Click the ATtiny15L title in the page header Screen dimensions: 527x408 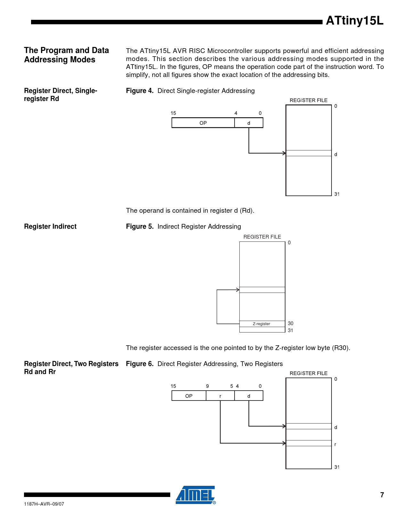click(354, 21)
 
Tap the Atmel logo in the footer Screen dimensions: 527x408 click(196, 495)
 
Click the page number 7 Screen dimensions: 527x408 click(382, 495)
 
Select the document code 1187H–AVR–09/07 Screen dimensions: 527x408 click(44, 504)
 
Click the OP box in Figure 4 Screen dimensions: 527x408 click(203, 123)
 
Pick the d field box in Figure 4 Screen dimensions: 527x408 click(249, 123)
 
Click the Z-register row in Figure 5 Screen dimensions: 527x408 click(262, 324)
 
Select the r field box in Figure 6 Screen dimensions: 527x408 click(220, 396)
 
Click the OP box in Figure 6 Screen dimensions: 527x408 click(189, 396)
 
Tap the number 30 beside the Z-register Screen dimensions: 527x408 click(291, 323)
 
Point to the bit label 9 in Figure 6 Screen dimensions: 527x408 click(207, 386)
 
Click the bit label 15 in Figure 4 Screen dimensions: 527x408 click(173, 113)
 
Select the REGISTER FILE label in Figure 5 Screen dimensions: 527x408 click(262, 237)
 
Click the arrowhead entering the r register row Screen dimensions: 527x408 click(284, 443)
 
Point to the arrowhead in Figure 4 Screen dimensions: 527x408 click(284, 153)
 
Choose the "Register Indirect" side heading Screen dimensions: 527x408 click(50, 226)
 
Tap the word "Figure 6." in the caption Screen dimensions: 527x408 click(140, 364)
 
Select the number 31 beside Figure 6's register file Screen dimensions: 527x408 click(337, 467)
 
